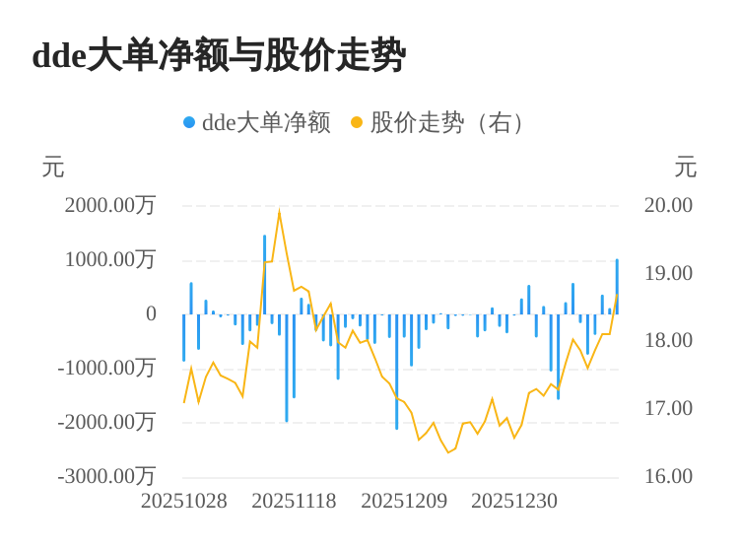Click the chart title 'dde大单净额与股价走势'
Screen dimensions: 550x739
pos(219,55)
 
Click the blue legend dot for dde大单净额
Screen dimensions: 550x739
pos(189,122)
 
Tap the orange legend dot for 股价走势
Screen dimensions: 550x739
pos(357,122)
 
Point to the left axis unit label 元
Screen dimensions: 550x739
pos(53,168)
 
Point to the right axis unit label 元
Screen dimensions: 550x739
pos(686,168)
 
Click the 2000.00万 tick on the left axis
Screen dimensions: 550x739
pos(110,205)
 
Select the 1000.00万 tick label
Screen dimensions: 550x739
pos(110,259)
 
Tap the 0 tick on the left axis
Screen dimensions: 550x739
pos(151,313)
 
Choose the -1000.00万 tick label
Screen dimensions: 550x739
pos(106,368)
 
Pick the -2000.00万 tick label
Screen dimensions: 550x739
pos(106,422)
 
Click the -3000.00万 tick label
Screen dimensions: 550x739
pos(106,476)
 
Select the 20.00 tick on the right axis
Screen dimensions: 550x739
pos(668,205)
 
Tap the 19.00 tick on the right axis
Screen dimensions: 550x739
pos(668,273)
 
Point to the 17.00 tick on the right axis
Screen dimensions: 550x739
pos(668,408)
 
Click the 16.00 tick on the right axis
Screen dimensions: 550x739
pos(668,476)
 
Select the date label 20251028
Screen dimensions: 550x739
pos(184,501)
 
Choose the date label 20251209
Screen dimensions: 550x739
pos(404,501)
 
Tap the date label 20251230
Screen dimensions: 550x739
pos(514,501)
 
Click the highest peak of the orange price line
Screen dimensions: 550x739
pos(280,213)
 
